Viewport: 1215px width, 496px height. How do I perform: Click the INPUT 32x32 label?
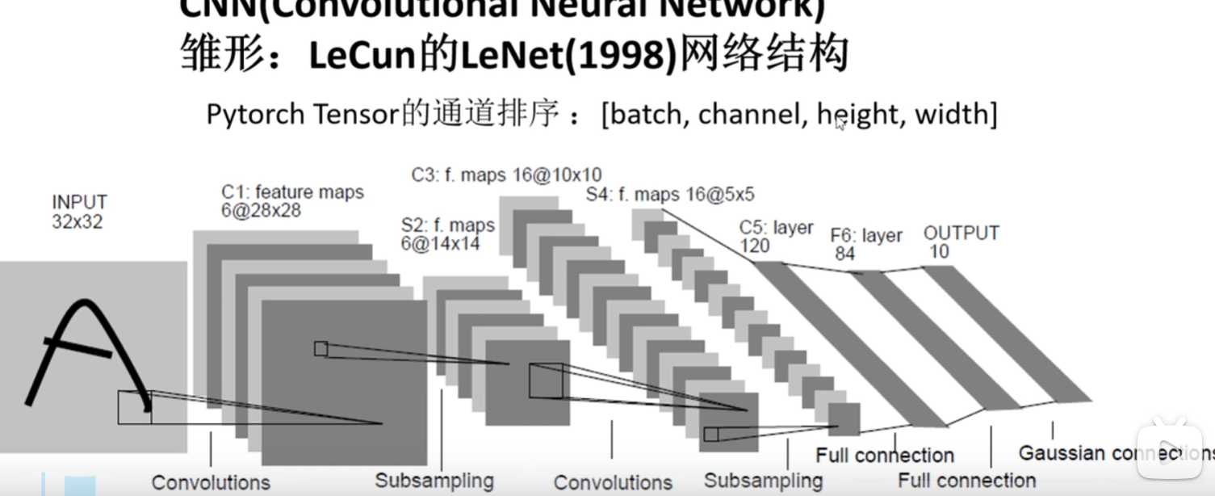(x=79, y=212)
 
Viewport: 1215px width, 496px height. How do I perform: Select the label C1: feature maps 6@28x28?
(x=292, y=201)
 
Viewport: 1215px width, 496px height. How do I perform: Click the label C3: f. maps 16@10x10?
(x=506, y=174)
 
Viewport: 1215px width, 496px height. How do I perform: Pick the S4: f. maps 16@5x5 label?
(x=670, y=195)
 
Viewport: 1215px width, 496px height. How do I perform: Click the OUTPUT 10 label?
(x=961, y=242)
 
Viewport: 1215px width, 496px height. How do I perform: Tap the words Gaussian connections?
(x=1114, y=453)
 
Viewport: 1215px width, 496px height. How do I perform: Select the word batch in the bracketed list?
(x=649, y=115)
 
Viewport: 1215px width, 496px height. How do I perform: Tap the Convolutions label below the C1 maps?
(x=211, y=482)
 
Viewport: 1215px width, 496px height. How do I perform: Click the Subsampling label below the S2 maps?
(x=434, y=481)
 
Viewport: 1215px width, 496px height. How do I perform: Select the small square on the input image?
(x=134, y=407)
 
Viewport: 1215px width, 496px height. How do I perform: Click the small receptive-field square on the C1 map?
(x=321, y=348)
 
